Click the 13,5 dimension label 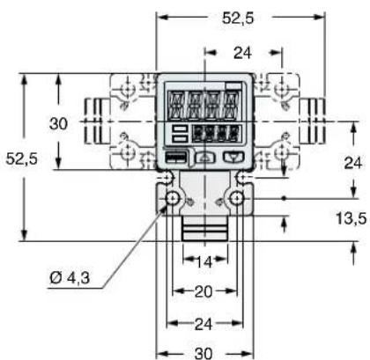351,218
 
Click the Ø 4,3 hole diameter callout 70,277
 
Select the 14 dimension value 204,262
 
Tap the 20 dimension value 203,291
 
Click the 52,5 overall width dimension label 238,18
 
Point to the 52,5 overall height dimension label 22,158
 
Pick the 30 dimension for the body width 203,353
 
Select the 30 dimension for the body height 58,123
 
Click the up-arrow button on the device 206,158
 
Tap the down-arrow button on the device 233,157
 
